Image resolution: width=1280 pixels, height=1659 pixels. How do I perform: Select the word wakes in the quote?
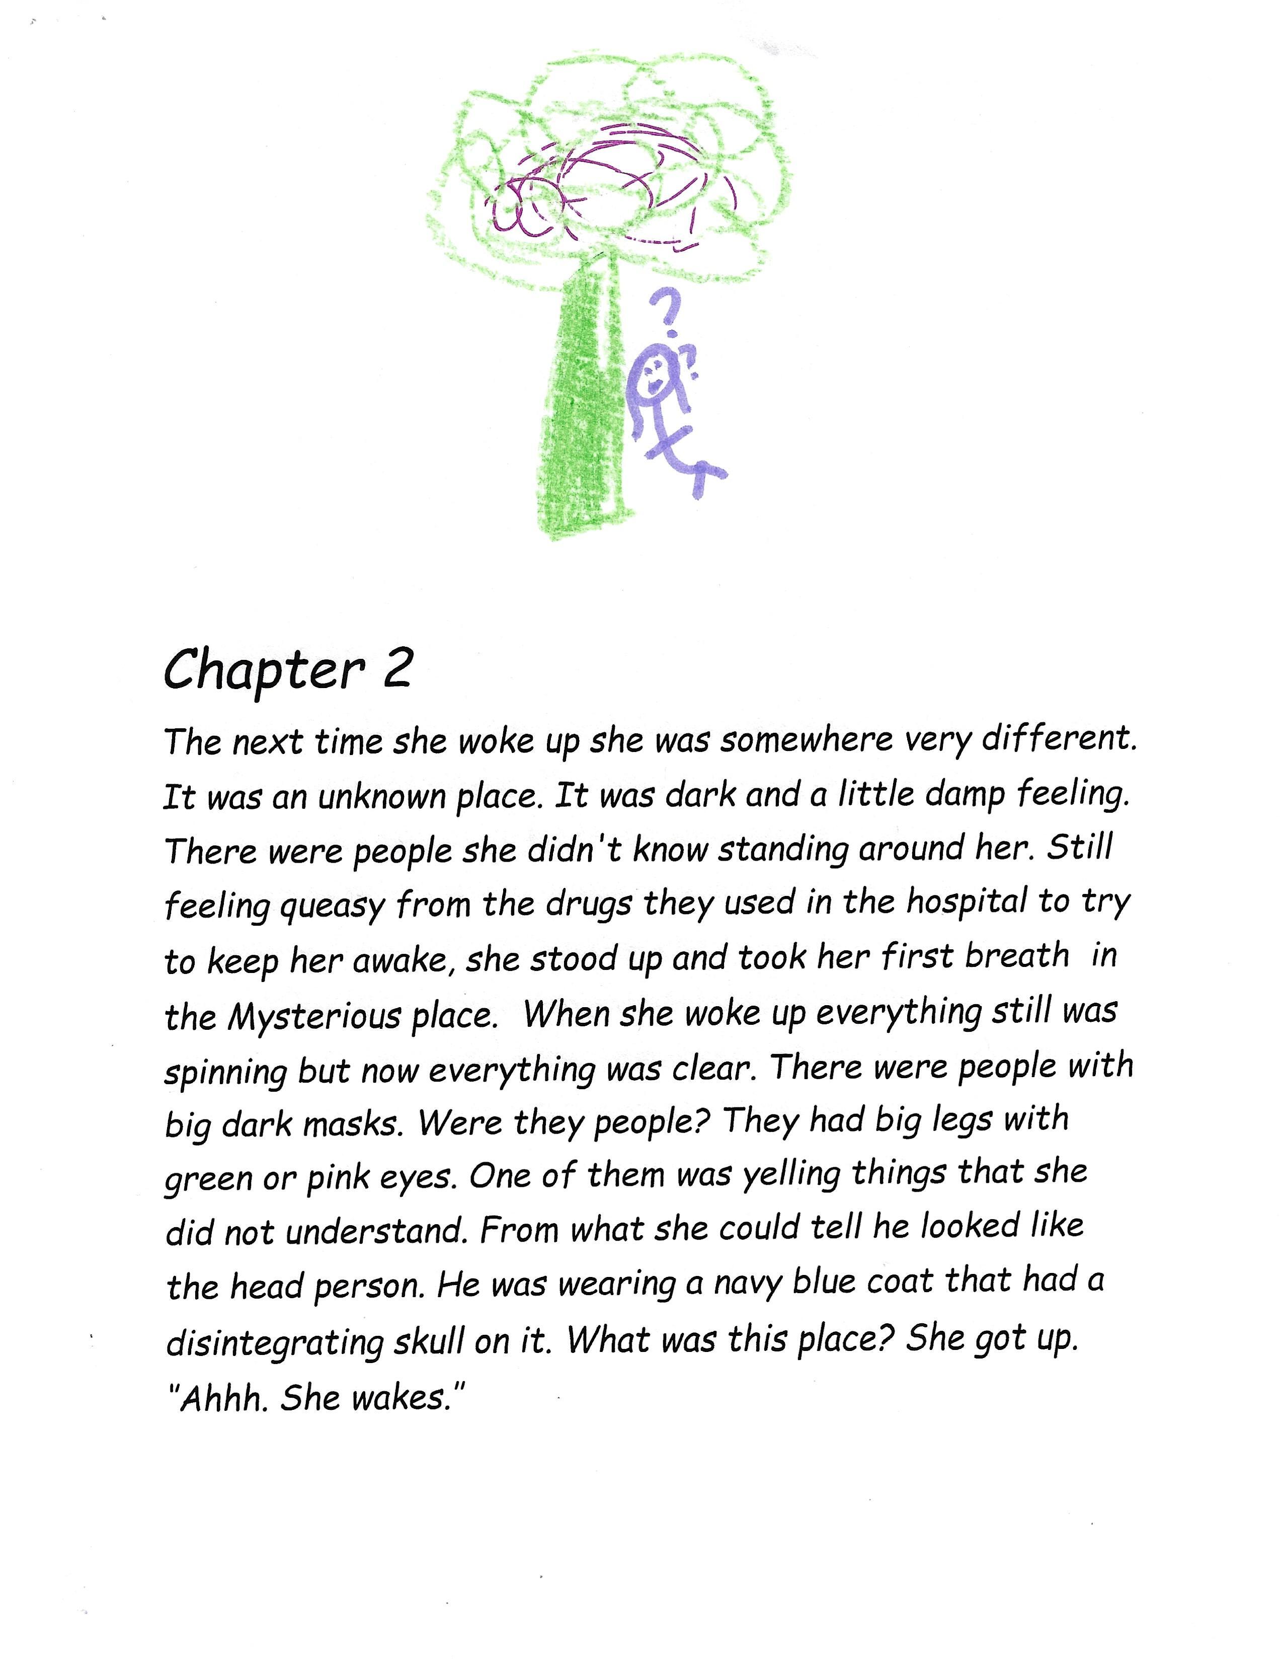[x=403, y=1398]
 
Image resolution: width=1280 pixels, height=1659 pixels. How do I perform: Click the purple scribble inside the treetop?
[x=607, y=182]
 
